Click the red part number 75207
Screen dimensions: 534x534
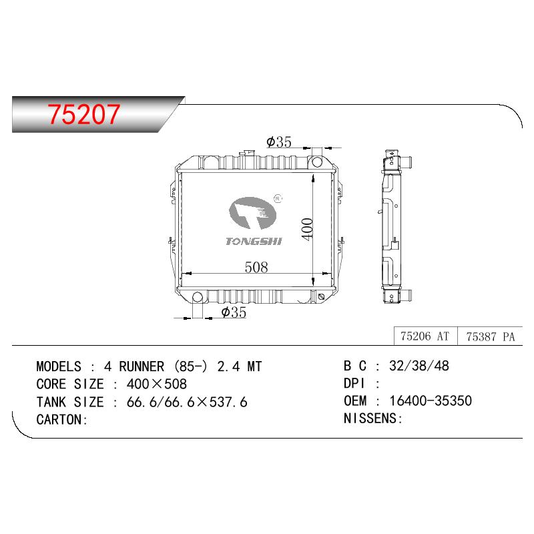click(84, 114)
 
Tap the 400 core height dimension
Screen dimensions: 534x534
click(307, 229)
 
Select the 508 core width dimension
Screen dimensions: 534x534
click(256, 267)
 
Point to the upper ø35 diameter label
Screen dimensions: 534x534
click(279, 142)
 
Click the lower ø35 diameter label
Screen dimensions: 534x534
click(234, 312)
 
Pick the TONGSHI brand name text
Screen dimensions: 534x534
click(254, 241)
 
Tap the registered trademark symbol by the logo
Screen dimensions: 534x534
click(278, 198)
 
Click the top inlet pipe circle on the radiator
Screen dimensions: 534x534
click(317, 162)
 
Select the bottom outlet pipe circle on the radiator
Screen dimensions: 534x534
click(198, 297)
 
